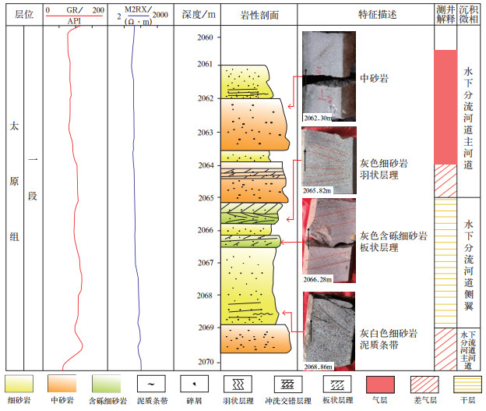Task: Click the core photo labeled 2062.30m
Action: click(x=327, y=76)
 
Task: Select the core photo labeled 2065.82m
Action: click(x=327, y=160)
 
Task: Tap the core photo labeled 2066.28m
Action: click(x=329, y=240)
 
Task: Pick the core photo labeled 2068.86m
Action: click(x=329, y=328)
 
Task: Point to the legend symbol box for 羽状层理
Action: click(x=237, y=384)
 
